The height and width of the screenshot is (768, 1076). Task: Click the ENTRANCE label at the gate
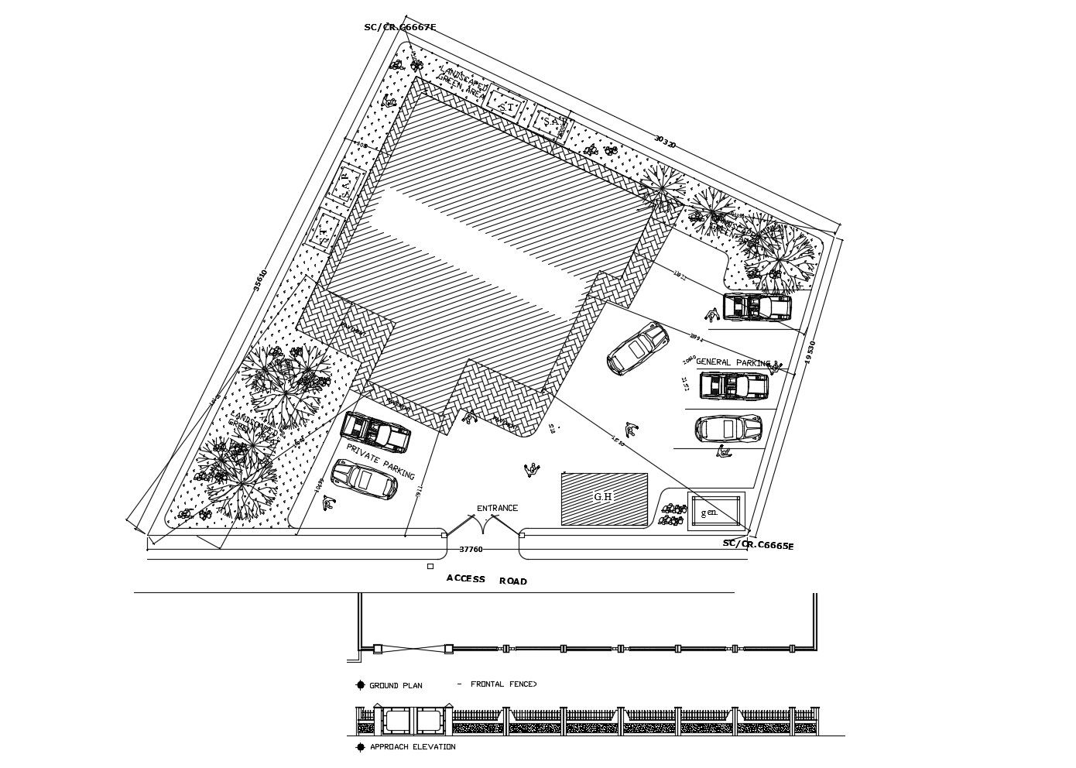tap(497, 508)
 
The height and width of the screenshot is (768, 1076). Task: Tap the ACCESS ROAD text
tap(486, 580)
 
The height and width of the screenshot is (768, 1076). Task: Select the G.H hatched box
tap(604, 499)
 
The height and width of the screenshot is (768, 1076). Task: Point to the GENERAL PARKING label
tap(732, 362)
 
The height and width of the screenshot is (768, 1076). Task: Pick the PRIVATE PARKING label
tap(380, 462)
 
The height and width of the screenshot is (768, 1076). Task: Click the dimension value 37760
tap(471, 549)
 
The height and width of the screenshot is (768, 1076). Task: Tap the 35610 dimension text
tap(260, 281)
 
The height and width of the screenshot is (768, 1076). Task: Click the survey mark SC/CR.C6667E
tap(400, 27)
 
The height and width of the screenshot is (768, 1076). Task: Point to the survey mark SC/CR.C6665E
tap(758, 545)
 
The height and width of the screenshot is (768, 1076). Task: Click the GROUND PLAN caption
tap(395, 685)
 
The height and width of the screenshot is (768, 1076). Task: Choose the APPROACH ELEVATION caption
tap(412, 747)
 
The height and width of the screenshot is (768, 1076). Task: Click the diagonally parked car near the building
tap(638, 348)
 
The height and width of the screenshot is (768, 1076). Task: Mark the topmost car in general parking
tap(757, 307)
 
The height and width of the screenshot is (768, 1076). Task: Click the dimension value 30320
tap(664, 142)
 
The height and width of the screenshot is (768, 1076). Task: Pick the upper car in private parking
tap(375, 432)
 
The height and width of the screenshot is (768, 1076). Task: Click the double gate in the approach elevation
tap(413, 720)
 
